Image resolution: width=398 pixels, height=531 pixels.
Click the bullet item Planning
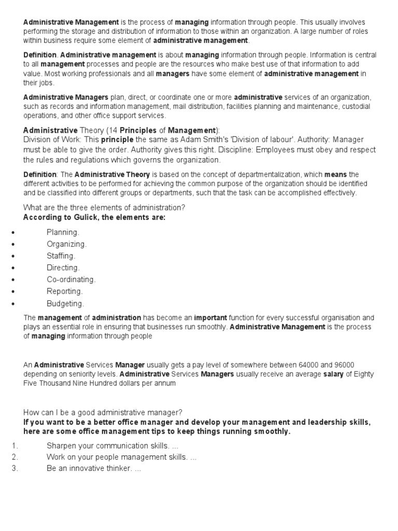click(x=63, y=232)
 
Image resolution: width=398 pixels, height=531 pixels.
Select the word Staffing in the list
click(x=61, y=256)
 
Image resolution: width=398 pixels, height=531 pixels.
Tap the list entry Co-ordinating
click(x=71, y=280)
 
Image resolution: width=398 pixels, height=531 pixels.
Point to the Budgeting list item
click(x=65, y=304)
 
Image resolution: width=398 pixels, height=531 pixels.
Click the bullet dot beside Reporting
click(x=12, y=292)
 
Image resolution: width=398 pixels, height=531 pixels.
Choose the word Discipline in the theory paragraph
click(x=247, y=150)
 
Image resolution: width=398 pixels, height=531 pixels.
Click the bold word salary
click(x=334, y=374)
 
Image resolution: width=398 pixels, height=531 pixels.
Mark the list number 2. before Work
click(x=15, y=457)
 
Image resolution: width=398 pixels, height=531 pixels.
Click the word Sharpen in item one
click(x=61, y=446)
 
